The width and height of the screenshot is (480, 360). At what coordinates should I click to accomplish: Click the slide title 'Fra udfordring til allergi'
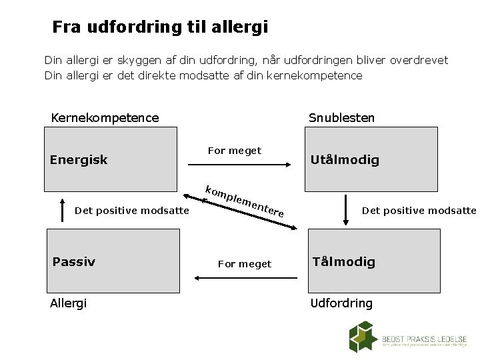(160, 27)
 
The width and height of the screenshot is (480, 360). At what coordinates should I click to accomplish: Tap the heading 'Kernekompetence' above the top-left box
(105, 118)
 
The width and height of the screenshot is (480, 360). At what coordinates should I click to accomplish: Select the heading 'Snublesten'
(341, 118)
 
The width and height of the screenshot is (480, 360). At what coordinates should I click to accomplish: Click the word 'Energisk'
(79, 160)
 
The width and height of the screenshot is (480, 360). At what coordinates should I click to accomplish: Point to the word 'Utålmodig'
(345, 160)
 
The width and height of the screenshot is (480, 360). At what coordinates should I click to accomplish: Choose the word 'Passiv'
(73, 261)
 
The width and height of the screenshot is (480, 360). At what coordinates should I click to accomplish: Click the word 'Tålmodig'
(343, 261)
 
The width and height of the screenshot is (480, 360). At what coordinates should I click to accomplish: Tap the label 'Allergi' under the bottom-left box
(69, 303)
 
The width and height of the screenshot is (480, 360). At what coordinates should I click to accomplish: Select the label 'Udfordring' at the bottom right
(341, 303)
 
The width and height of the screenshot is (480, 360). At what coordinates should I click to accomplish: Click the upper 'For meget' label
(235, 151)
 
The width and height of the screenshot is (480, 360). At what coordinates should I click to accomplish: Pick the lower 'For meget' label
(245, 264)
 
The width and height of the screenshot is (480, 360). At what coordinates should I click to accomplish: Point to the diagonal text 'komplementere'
(245, 200)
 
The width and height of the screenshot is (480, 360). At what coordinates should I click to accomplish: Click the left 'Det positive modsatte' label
(132, 211)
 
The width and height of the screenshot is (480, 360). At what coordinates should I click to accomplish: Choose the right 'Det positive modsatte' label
(419, 211)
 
